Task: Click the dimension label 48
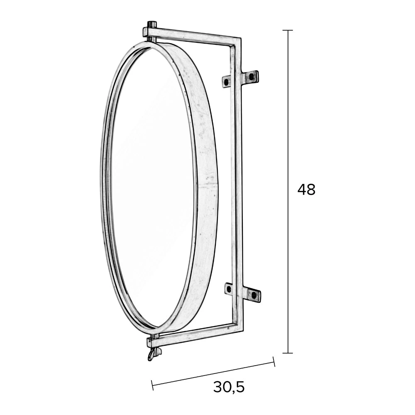306,190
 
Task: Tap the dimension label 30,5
229,387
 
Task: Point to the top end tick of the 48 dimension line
288,30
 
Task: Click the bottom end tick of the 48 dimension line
288,353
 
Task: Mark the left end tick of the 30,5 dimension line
152,385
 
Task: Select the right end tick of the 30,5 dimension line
274,361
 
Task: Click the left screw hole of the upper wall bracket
226,82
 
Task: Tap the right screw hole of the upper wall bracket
251,77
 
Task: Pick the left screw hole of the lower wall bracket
229,289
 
